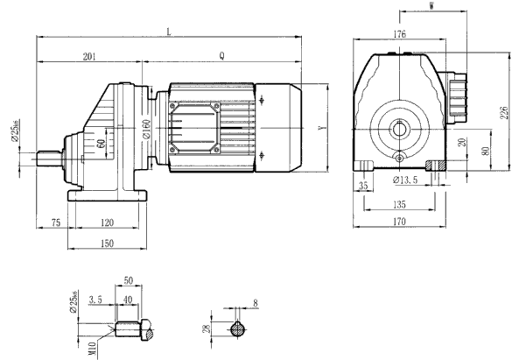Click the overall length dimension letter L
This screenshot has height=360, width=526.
pyautogui.click(x=169, y=32)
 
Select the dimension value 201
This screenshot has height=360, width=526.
pyautogui.click(x=89, y=55)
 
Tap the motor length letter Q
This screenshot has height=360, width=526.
pyautogui.click(x=221, y=55)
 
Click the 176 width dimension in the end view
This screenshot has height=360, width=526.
pyautogui.click(x=401, y=34)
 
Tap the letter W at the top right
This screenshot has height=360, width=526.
pyautogui.click(x=435, y=7)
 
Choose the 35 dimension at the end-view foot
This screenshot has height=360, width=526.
pyautogui.click(x=364, y=185)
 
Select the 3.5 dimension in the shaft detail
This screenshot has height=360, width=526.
pyautogui.click(x=96, y=300)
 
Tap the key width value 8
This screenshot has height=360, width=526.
pyautogui.click(x=255, y=304)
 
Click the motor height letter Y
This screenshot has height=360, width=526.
pyautogui.click(x=323, y=128)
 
